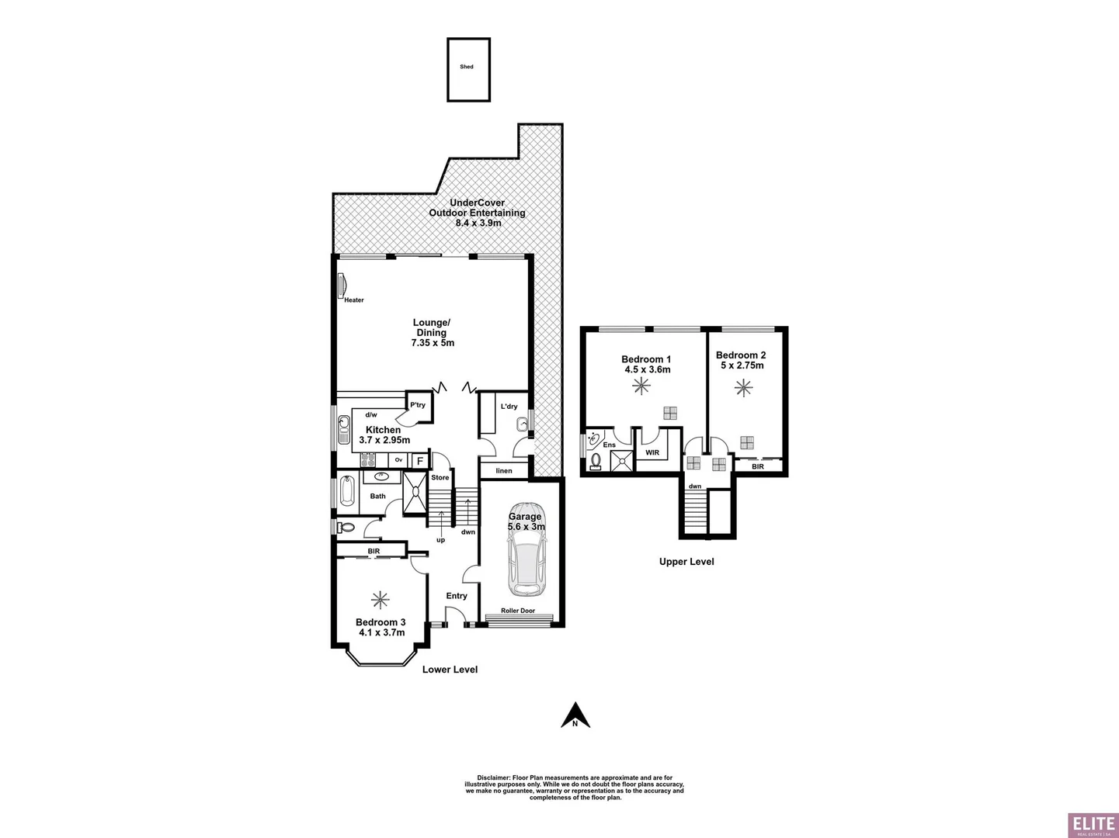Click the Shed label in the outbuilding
[467, 67]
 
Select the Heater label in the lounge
[354, 300]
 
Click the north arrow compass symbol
[575, 715]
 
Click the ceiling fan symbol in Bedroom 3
[380, 599]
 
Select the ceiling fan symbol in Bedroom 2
[744, 387]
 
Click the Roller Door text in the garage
[518, 611]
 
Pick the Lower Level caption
[450, 670]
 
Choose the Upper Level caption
[686, 562]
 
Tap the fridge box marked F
[419, 461]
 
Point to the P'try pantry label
[418, 405]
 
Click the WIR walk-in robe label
[652, 452]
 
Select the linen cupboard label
[504, 471]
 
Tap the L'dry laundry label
[509, 407]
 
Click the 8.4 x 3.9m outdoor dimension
[478, 223]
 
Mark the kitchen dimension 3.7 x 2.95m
[384, 440]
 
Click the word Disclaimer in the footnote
[492, 777]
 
